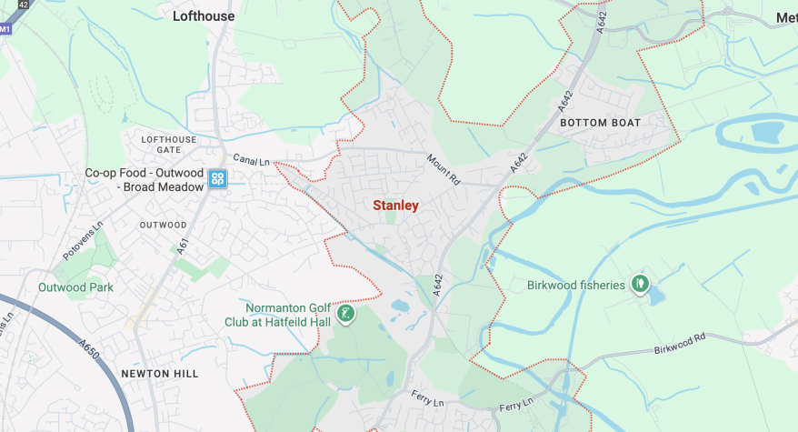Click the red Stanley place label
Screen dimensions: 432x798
pos(395,206)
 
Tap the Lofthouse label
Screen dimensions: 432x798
pos(204,16)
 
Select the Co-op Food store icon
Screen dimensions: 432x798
pos(217,179)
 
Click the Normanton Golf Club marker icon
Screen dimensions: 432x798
pos(345,315)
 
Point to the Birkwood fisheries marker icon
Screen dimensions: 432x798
pos(640,285)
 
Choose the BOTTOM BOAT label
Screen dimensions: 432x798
pos(600,123)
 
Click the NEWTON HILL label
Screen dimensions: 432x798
pos(159,374)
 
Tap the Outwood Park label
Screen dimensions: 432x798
pos(75,287)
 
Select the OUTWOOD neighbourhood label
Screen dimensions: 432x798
pos(163,225)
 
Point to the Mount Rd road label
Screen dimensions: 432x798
pos(444,170)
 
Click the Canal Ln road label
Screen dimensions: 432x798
pos(252,161)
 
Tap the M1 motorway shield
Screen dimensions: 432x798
pos(5,29)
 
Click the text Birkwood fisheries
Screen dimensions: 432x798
pos(576,286)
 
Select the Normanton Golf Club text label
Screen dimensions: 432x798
pos(279,314)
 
